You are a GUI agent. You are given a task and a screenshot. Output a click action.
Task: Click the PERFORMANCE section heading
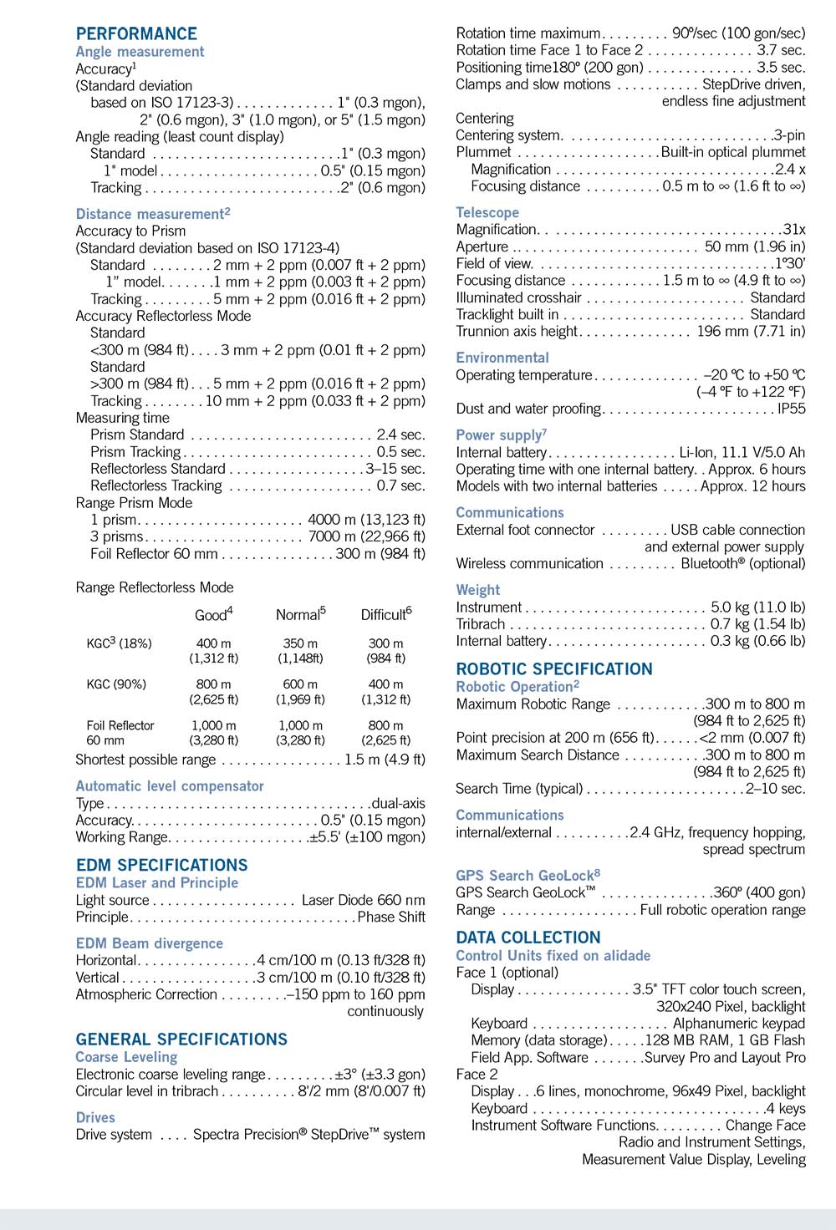tap(136, 33)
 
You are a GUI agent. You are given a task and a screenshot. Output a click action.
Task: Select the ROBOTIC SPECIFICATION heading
tap(554, 668)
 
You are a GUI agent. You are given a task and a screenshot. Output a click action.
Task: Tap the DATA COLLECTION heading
tap(528, 938)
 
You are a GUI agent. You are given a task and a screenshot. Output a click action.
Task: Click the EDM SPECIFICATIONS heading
tap(161, 865)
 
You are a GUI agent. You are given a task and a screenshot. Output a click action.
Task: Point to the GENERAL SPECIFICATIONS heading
tap(181, 1039)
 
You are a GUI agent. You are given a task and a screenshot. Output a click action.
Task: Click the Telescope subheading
tap(487, 212)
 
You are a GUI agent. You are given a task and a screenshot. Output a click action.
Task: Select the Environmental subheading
tap(502, 358)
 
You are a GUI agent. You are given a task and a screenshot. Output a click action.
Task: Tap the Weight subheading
tap(478, 589)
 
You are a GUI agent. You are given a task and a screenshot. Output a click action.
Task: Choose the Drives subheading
tap(95, 1117)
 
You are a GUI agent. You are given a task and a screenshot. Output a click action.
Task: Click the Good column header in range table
tap(213, 615)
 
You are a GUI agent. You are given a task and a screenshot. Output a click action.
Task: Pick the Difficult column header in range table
tap(385, 615)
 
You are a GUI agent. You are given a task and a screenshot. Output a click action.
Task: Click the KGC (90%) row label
tap(116, 684)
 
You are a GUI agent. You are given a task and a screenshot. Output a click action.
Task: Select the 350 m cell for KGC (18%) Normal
tap(300, 643)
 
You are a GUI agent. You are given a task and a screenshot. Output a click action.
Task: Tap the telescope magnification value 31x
tap(793, 229)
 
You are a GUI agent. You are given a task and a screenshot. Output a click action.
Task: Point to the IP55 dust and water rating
tap(791, 409)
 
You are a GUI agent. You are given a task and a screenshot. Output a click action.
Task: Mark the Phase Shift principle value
tap(391, 917)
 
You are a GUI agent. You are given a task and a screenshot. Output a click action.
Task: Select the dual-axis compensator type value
tap(398, 803)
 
